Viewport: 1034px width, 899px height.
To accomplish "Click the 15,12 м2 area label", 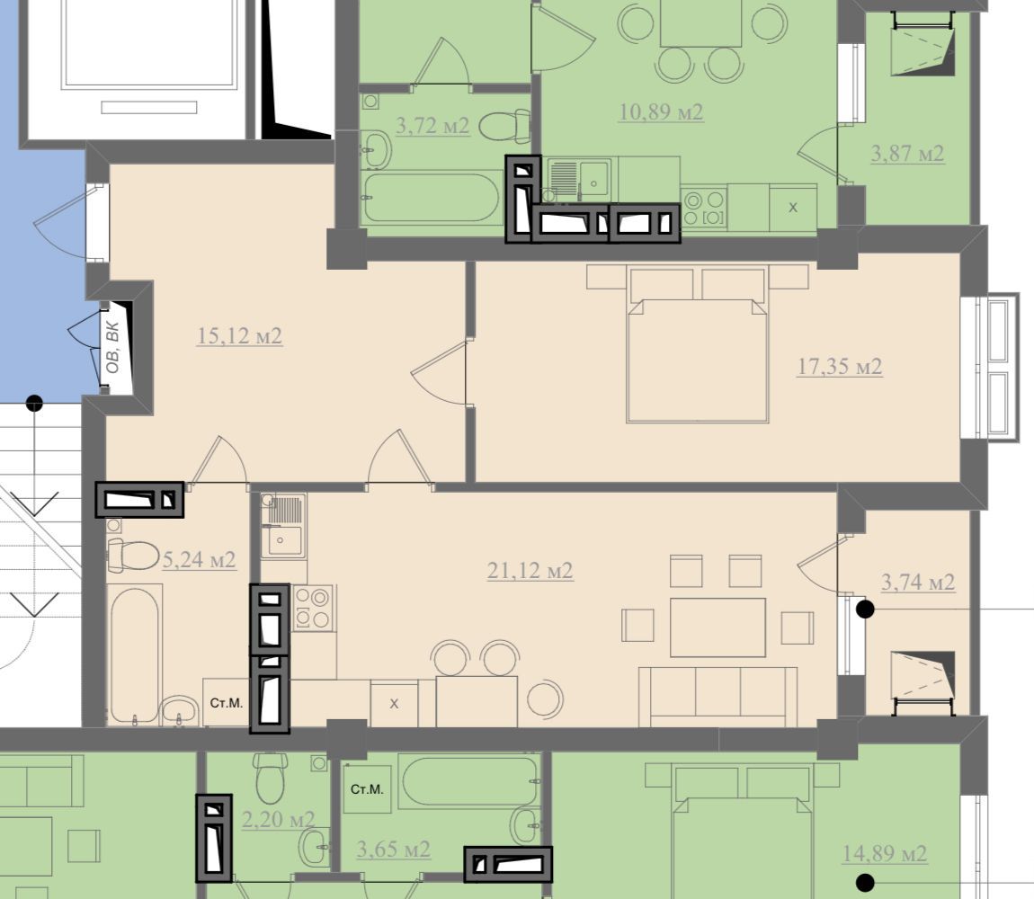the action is (239, 336).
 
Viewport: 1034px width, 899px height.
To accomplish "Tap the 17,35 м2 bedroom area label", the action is (840, 366).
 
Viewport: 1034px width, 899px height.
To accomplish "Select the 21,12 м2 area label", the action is (530, 571).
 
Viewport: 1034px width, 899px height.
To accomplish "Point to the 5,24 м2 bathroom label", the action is (199, 561).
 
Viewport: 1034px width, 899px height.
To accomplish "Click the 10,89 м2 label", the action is (661, 112).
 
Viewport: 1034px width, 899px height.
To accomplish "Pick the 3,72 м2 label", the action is (432, 125).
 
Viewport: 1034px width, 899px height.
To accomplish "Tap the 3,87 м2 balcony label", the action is (907, 154).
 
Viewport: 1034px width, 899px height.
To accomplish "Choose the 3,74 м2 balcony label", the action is (918, 583).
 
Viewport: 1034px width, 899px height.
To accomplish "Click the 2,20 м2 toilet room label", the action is (279, 820).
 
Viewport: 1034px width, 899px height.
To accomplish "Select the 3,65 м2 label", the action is (394, 849).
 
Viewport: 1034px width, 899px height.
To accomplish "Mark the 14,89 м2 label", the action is (885, 854).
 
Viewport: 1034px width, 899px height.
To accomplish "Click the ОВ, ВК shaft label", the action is (112, 347).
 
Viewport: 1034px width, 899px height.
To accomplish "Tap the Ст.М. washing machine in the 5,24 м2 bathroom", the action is (227, 702).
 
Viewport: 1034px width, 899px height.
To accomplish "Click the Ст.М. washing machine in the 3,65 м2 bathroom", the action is (368, 788).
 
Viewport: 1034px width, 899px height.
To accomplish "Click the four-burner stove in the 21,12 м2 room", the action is (313, 608).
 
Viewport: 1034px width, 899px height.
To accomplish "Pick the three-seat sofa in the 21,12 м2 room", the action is (718, 697).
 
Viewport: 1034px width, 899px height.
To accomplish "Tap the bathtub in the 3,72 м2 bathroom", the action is (432, 197).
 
